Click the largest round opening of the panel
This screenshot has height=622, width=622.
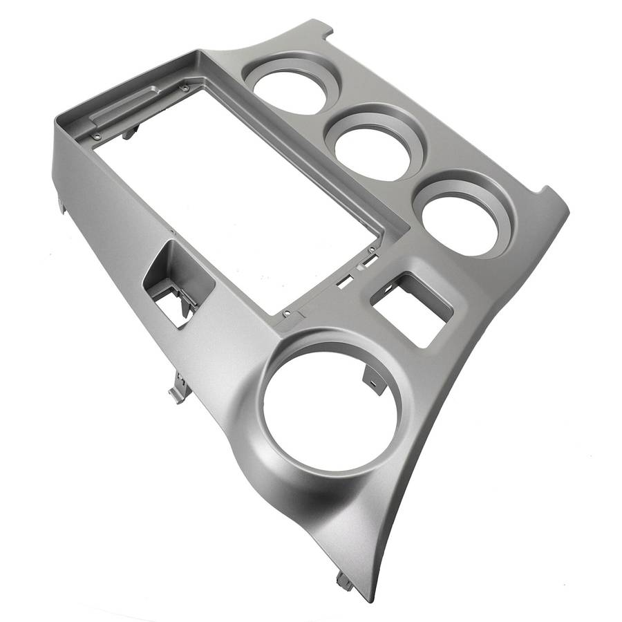[330, 412]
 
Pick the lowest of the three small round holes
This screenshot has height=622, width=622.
[460, 218]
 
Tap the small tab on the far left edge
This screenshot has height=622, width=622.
[62, 205]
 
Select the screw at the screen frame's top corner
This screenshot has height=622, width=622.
[185, 88]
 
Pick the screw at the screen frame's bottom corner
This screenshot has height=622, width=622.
[287, 314]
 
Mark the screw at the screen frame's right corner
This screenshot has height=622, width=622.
[373, 249]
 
